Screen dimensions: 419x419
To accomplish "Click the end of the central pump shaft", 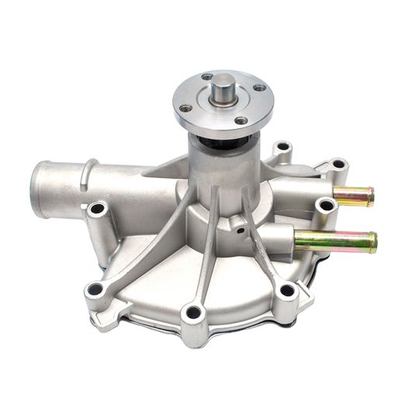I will coord(222,81).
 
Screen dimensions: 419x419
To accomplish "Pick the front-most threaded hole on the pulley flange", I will coord(241,121).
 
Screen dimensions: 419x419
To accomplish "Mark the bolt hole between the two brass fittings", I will coord(326,206).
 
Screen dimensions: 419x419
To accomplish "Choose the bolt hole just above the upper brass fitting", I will coord(338,164).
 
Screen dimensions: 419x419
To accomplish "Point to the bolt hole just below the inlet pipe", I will coord(96,209).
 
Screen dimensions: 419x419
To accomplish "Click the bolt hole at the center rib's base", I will coord(194,313).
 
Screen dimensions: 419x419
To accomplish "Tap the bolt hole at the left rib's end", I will coord(95,290).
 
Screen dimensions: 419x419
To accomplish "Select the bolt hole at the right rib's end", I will coord(287,291).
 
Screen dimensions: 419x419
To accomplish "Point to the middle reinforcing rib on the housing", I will coord(207,256).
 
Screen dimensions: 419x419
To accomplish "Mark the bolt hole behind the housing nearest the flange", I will coord(282,147).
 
